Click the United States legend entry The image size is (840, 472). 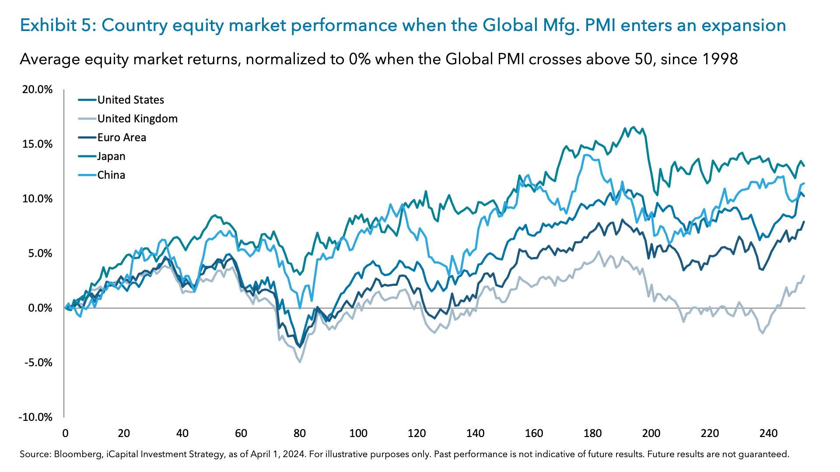point(130,100)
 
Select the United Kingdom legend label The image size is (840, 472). point(137,119)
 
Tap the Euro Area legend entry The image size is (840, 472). point(122,138)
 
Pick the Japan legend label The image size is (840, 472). point(111,156)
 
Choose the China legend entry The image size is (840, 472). point(111,175)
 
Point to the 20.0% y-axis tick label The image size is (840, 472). point(37,90)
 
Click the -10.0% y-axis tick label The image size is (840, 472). point(35,417)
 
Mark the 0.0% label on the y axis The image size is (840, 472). point(40,308)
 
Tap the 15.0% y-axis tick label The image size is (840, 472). point(37,144)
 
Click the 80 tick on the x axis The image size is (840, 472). point(300,434)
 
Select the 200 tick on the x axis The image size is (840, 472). point(651,434)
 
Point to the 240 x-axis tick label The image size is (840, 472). point(768,434)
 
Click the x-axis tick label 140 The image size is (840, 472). point(475,434)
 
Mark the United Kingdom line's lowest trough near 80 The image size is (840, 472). point(300,362)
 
